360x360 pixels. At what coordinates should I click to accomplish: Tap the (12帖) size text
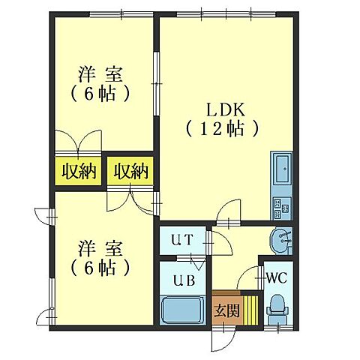point(223,128)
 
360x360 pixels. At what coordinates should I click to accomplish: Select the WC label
point(277,276)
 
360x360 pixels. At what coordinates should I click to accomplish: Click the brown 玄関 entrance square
point(225,310)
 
